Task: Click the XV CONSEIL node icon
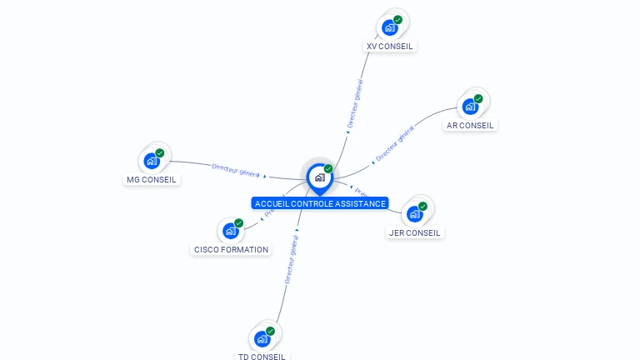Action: pos(389,27)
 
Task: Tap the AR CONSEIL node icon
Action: pos(470,107)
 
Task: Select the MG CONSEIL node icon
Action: pos(151,160)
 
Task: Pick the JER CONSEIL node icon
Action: pos(414,213)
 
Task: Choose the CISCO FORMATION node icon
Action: pos(230,230)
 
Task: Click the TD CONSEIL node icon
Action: pos(262,338)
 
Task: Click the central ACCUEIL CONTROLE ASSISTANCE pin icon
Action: pos(319,177)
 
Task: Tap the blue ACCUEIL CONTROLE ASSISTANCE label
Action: pos(320,203)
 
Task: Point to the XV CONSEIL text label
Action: pos(390,46)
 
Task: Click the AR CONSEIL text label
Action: pos(470,126)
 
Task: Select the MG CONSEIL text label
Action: pos(151,179)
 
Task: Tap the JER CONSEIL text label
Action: pos(415,232)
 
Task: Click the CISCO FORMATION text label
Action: pos(231,249)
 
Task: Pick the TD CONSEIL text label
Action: pos(262,357)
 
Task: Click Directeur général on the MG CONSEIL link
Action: pos(237,170)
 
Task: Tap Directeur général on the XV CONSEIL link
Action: pos(354,102)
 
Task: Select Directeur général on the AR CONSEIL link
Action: pos(394,143)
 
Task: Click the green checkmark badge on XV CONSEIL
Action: pos(397,19)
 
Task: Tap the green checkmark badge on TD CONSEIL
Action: pos(270,331)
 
